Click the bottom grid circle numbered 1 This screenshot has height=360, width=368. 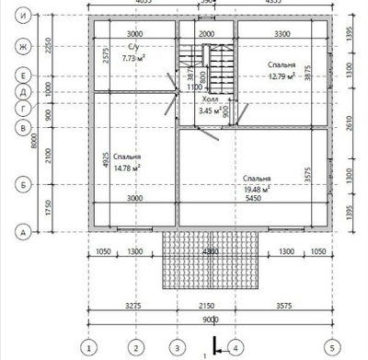[88, 348]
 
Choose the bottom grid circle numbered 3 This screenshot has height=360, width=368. [177, 348]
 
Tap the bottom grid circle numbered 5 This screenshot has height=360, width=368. [329, 348]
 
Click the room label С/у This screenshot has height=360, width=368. [134, 48]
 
